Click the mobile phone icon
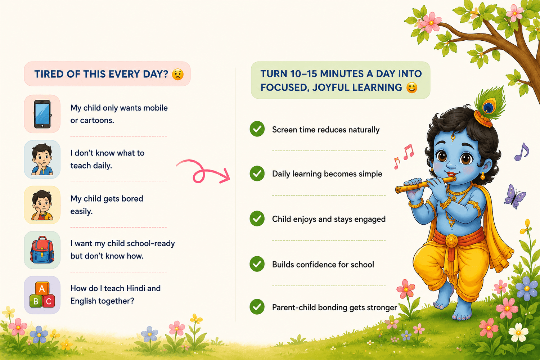click(42, 114)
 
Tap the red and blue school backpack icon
click(42, 249)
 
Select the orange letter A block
click(42, 289)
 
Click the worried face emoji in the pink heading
click(178, 74)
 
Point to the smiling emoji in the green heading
click(412, 87)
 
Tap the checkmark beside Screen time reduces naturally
click(257, 129)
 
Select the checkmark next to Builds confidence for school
click(257, 264)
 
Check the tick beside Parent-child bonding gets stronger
click(257, 307)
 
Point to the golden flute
click(426, 184)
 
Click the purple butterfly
click(515, 197)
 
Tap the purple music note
click(522, 152)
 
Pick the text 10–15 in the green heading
click(303, 74)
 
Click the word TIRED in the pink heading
click(49, 74)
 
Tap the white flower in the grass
click(518, 332)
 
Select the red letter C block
click(49, 301)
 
